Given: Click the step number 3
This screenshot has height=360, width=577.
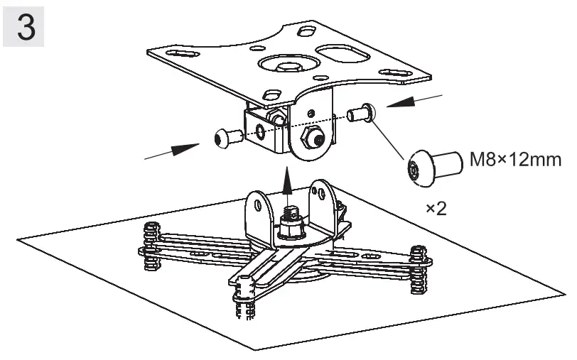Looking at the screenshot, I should point(23,28).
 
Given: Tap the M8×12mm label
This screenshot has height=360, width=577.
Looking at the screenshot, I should point(514,160).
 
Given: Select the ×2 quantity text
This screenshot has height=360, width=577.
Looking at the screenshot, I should point(436,209).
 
